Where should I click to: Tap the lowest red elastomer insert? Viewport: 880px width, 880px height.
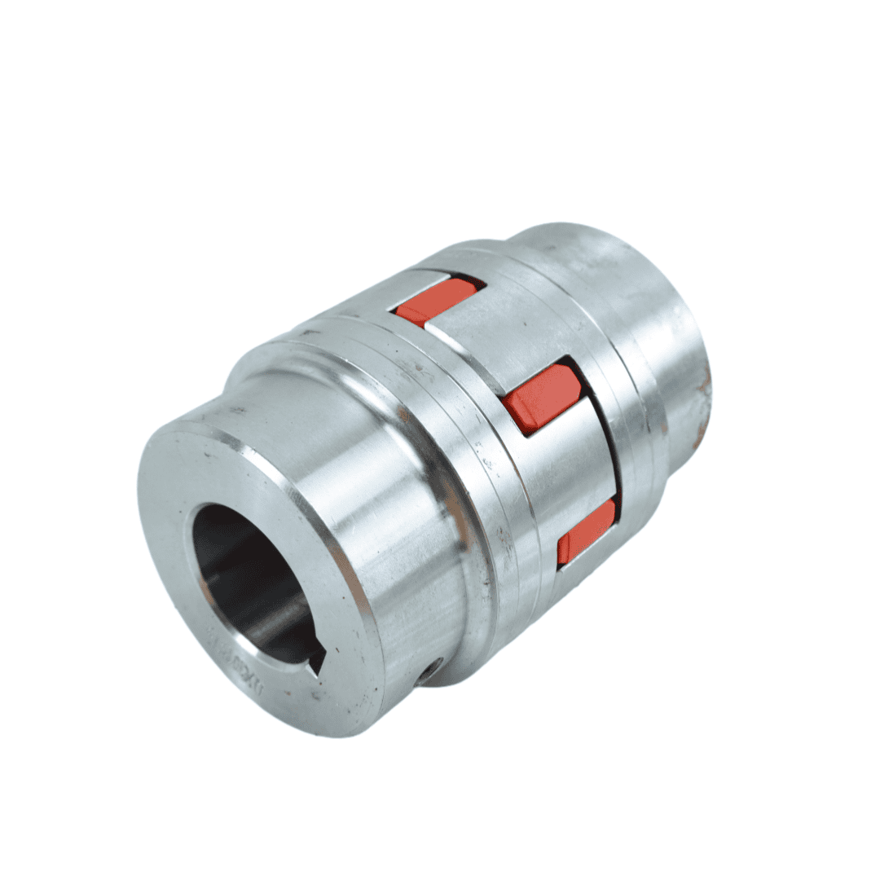(585, 530)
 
